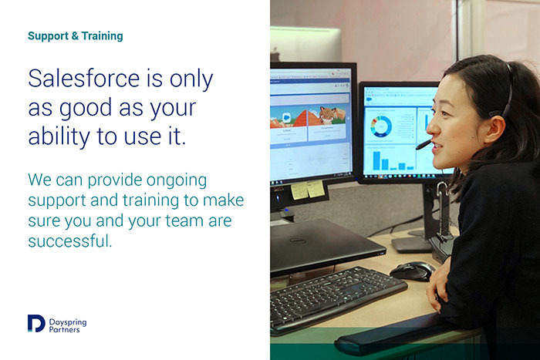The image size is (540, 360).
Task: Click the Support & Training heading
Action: coord(75,35)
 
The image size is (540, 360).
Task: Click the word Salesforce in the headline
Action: coord(83,78)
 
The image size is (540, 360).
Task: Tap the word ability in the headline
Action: coord(59,136)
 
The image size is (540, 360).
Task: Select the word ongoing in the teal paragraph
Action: coord(177,180)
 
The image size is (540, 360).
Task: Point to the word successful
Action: coord(70,241)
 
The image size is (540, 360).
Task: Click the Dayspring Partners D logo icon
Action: coord(36,323)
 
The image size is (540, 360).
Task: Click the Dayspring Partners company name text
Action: coord(68,325)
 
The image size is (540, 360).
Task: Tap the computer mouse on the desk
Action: coord(412,271)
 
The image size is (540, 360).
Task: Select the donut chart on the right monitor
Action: coord(381,126)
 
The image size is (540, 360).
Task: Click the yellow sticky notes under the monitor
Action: coord(308,190)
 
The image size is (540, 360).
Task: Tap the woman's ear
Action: coord(494,129)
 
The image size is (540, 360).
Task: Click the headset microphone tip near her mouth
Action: coord(419,147)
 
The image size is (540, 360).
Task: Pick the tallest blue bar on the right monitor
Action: coord(376,160)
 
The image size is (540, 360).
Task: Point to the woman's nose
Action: coord(430,128)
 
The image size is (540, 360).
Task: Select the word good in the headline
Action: coord(86,109)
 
